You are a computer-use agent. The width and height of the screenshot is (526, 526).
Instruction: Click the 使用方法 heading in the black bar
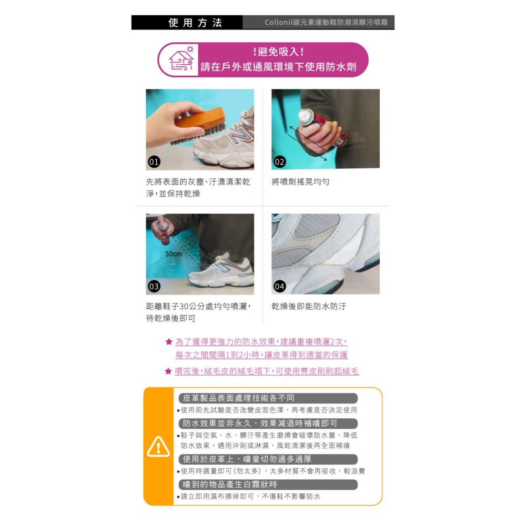[195, 23]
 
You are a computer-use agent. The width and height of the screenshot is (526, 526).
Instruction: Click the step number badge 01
[154, 162]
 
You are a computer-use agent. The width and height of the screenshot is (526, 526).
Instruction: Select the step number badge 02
[280, 162]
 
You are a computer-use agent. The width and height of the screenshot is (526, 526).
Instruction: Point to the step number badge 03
[154, 287]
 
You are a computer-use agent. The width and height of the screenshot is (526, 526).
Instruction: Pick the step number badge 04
[280, 287]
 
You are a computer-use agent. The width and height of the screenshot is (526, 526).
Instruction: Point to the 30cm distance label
[173, 254]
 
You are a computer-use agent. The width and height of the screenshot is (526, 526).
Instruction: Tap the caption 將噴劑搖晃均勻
[300, 182]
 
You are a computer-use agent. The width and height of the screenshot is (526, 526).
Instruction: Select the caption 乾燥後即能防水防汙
[309, 307]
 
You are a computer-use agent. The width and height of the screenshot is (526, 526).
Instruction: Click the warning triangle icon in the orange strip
[158, 447]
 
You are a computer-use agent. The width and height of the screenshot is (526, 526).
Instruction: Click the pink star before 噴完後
[168, 371]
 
